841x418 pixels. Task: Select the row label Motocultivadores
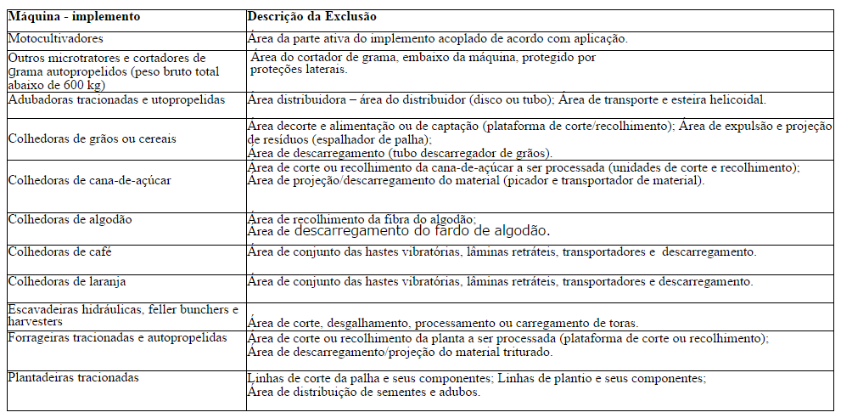56,38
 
